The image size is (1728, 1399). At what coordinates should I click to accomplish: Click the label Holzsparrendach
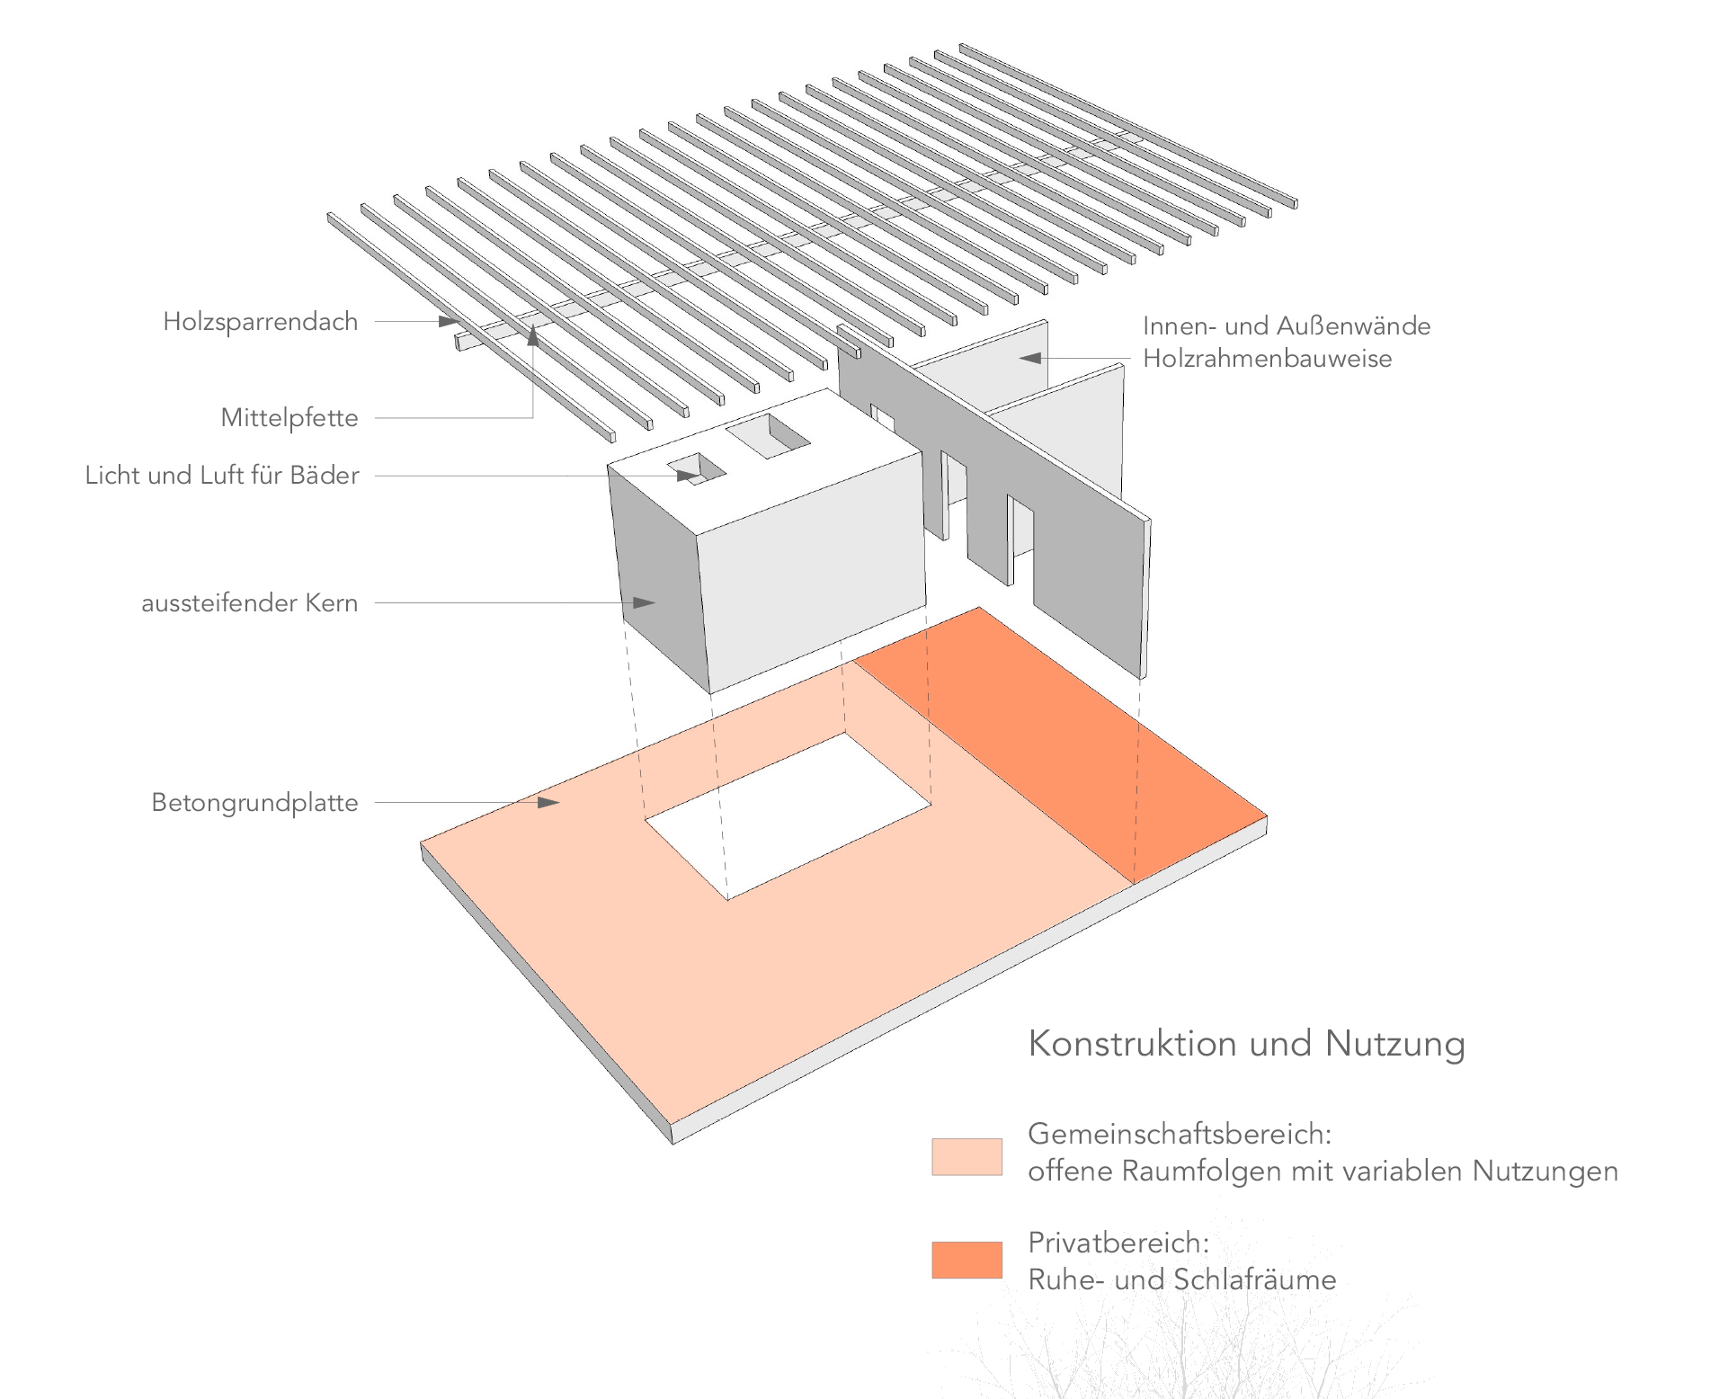pos(260,322)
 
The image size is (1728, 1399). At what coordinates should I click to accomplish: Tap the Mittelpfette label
pos(289,418)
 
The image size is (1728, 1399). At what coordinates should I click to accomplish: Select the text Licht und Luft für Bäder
pos(221,476)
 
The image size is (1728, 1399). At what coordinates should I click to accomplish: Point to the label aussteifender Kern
pos(249,603)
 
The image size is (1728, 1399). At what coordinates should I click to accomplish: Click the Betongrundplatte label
pos(254,803)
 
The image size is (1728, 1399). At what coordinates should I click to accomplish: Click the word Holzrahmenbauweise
pos(1267,359)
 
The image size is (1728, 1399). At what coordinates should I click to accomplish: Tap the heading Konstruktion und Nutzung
pos(1246,1044)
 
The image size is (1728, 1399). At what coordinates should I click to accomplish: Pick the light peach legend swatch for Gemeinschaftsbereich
pos(966,1157)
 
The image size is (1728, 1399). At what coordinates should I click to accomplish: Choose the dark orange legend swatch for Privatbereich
pos(966,1260)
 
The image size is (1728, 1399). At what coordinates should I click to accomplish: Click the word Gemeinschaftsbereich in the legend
pos(1179,1134)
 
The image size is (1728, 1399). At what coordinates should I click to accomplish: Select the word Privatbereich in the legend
pos(1118,1243)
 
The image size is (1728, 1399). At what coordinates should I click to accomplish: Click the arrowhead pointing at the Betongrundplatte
pos(549,802)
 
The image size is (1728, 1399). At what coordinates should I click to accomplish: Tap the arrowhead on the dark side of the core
pos(644,602)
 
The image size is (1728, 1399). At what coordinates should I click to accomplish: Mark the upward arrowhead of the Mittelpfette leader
pos(533,336)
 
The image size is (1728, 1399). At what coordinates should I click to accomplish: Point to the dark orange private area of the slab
pos(1061,746)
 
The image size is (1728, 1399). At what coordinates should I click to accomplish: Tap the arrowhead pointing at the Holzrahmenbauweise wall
pos(1030,358)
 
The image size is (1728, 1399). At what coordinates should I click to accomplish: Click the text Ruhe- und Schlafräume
pos(1181,1279)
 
